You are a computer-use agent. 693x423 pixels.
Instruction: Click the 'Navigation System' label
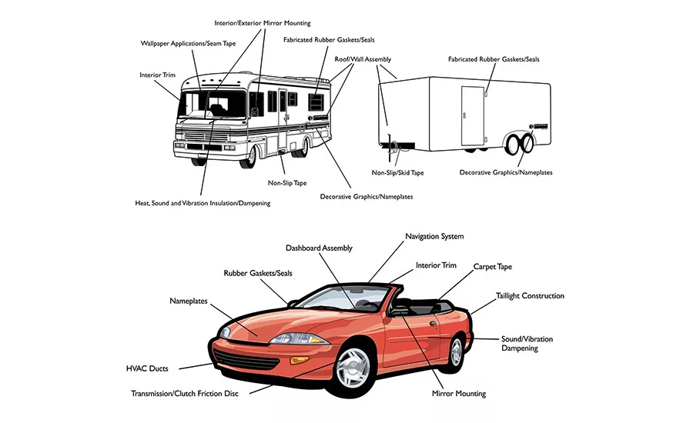[434, 236]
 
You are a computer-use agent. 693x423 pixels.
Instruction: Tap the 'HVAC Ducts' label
[148, 368]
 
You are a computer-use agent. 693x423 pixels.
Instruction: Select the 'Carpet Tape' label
[492, 267]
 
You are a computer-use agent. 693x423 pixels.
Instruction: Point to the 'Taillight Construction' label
[530, 296]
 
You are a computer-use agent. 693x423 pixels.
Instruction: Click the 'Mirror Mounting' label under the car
[459, 394]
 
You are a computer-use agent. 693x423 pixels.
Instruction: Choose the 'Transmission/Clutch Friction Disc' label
[184, 394]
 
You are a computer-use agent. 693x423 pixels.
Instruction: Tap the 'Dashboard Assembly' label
[319, 248]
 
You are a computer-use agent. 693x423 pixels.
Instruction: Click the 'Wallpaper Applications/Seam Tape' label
[188, 43]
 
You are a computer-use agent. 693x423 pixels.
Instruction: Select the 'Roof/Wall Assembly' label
[363, 59]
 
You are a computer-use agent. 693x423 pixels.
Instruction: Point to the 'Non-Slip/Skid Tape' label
[397, 173]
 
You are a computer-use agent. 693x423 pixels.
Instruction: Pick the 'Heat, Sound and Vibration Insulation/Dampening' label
[202, 203]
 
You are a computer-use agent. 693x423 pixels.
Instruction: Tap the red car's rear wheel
[456, 351]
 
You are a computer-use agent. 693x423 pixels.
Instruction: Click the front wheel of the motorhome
[248, 157]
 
